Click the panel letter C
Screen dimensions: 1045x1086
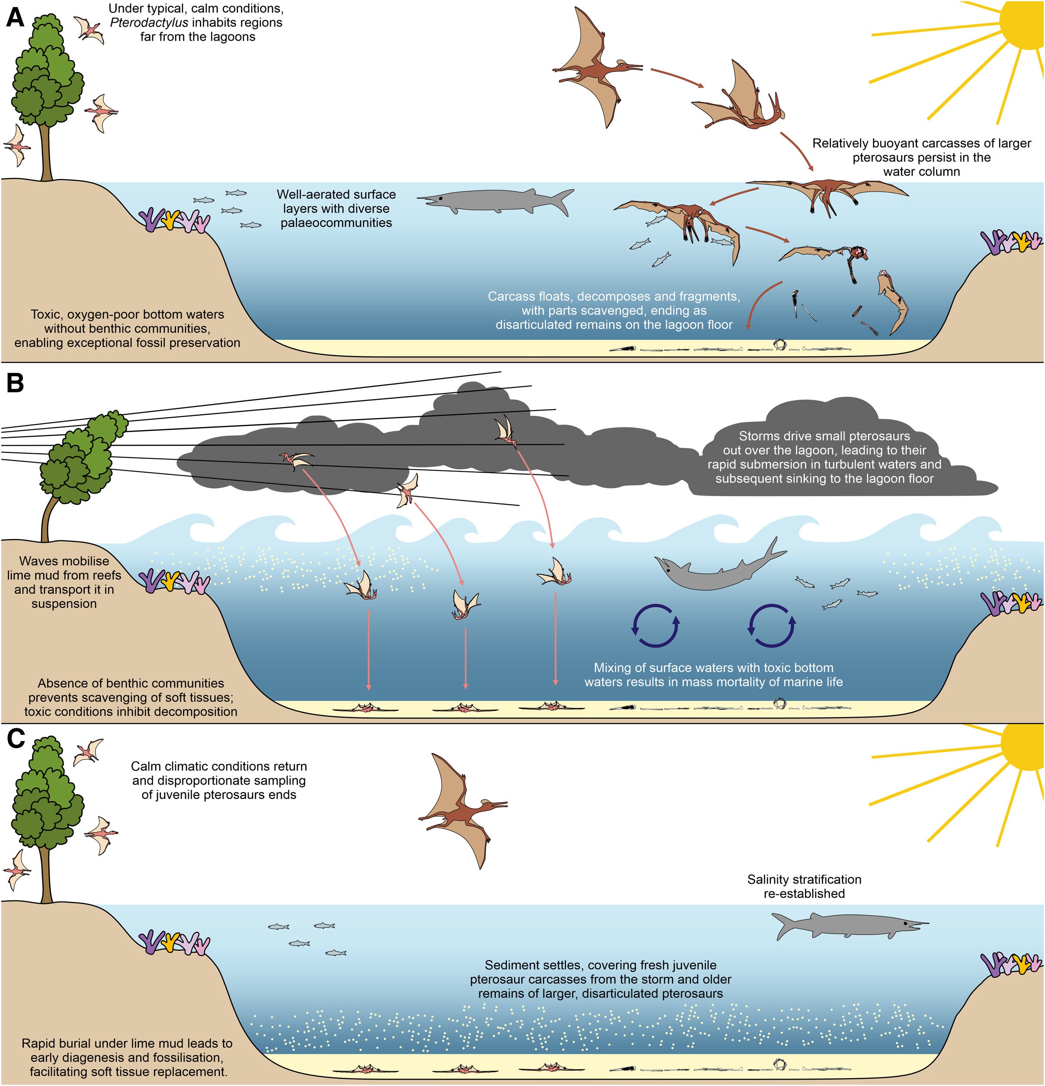[x=16, y=739]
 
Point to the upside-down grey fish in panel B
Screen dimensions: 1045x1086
[x=720, y=565]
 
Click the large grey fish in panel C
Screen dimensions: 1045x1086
[x=850, y=926]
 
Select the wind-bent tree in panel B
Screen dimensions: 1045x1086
[x=80, y=471]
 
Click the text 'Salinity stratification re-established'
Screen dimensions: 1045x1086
[x=804, y=886]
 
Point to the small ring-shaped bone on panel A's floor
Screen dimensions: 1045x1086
[x=781, y=344]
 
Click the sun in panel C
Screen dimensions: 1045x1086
[x=1022, y=745]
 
